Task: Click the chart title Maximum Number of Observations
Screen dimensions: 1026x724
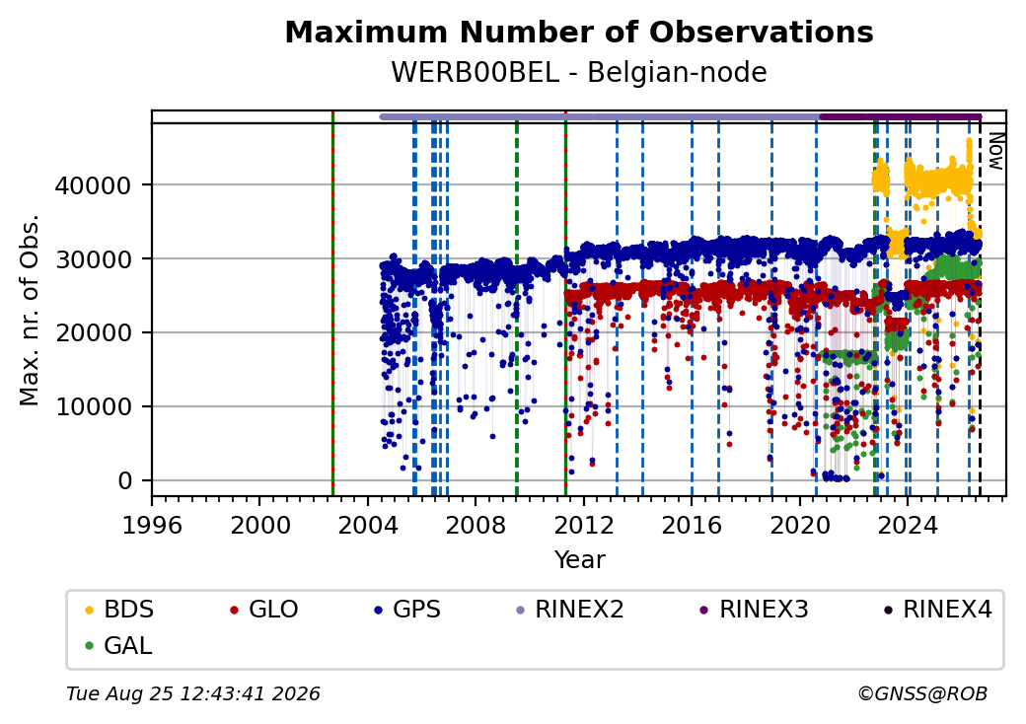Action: (579, 32)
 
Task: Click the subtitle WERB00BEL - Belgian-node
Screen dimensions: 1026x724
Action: (579, 72)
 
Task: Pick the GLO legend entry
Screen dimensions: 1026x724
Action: (264, 610)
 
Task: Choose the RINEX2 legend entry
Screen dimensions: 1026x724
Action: (569, 610)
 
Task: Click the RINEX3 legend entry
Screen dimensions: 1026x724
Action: (754, 610)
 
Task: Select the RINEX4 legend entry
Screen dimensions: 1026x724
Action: (937, 610)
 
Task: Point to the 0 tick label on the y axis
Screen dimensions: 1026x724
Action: (125, 481)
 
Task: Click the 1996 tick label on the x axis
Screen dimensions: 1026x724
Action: (153, 525)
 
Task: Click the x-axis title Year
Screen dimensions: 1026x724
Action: (580, 560)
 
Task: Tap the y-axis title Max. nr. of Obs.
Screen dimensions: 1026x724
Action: (30, 310)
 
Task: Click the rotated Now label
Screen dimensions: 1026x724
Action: (995, 151)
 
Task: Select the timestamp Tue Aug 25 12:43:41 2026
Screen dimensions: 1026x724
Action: (193, 693)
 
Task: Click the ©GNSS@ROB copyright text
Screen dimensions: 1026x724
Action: (922, 693)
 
